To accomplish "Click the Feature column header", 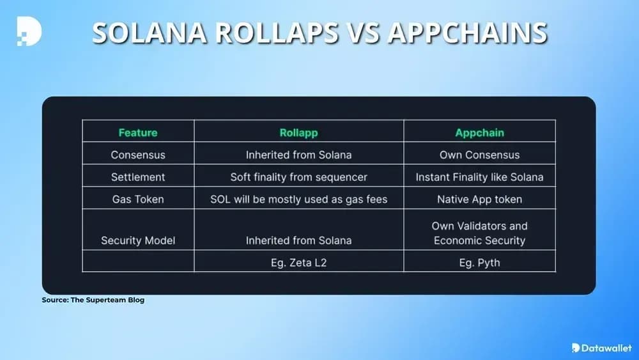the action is coord(138,132).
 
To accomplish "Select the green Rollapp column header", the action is coord(298,132).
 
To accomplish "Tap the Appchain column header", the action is coord(480,132).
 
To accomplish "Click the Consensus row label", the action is coord(138,155).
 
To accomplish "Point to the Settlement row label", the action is coord(138,177).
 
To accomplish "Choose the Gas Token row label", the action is coord(138,200).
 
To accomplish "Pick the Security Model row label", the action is coord(138,240).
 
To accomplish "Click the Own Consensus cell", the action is coord(480,155).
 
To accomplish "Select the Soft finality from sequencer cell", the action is coord(298,177).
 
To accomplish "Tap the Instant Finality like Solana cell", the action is coord(480,177).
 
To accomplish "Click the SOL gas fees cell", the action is coord(298,200).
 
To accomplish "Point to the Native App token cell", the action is coord(480,200).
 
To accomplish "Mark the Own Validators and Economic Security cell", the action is coord(480,233).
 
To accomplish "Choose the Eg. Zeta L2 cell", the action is coord(298,263).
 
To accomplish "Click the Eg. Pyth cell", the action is coord(480,263).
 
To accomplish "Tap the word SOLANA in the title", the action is coord(149,33).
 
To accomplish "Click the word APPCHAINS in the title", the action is coord(467,33).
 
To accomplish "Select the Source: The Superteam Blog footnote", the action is coord(93,300).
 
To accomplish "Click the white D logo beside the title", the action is coord(29,31).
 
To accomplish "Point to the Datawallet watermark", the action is coord(601,348).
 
